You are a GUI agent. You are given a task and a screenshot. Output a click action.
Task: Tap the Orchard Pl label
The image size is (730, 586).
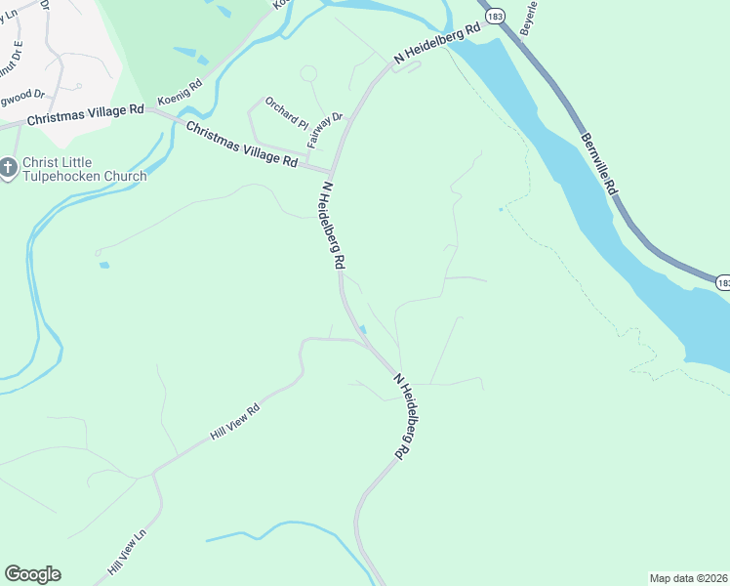(287, 114)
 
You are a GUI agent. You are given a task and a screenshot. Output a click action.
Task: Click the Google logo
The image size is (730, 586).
(32, 574)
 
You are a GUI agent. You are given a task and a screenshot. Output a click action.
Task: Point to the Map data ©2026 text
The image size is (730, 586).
(688, 577)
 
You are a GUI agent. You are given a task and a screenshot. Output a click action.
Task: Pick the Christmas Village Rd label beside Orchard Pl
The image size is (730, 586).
(241, 145)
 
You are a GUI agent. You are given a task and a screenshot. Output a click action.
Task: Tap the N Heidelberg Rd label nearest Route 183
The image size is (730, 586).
(437, 44)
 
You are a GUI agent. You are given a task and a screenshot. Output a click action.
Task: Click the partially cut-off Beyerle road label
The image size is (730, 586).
(529, 19)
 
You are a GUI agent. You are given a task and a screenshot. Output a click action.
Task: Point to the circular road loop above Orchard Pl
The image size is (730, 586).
(308, 74)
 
